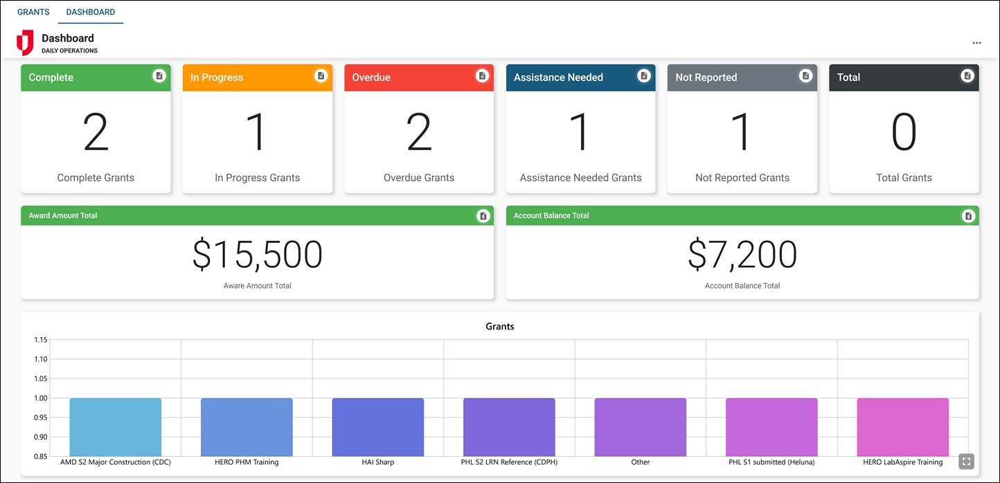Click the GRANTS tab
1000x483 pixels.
(x=33, y=12)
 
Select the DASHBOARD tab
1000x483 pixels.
(x=91, y=12)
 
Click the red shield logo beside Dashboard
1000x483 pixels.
(x=25, y=43)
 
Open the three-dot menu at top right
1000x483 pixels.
(x=976, y=43)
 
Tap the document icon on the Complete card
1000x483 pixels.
(x=159, y=75)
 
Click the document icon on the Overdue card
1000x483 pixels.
(x=482, y=75)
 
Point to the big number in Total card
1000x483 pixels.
(x=904, y=131)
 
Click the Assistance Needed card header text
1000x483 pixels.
(x=558, y=78)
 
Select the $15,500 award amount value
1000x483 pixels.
(x=257, y=255)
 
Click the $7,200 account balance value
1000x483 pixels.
(x=742, y=255)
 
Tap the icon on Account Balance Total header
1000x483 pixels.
(x=968, y=216)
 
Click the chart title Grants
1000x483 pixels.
(x=499, y=326)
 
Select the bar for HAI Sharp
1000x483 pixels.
(x=377, y=426)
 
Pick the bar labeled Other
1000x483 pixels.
(x=640, y=426)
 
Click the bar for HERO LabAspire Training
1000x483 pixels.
(x=902, y=426)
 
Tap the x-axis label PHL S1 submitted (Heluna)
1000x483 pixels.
(x=771, y=462)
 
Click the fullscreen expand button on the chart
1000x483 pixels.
(x=967, y=461)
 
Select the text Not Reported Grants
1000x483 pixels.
(x=742, y=178)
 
